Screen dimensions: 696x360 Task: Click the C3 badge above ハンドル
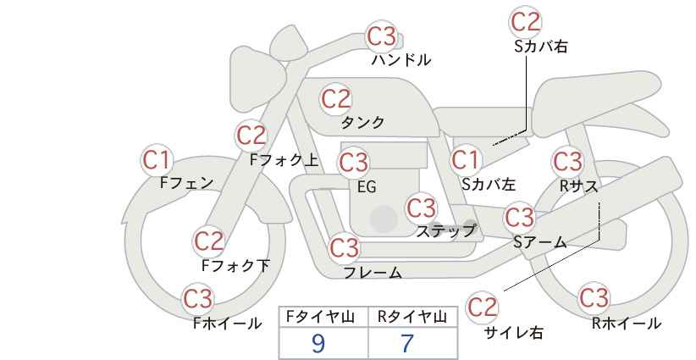click(x=382, y=36)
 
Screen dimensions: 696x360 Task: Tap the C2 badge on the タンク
click(x=336, y=98)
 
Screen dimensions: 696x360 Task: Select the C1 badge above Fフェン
click(x=157, y=160)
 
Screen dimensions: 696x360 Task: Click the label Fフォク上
click(x=284, y=160)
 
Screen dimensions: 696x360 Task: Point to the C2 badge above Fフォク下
click(x=209, y=241)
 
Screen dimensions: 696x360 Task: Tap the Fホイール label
click(x=227, y=324)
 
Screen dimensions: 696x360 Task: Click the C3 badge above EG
click(x=354, y=163)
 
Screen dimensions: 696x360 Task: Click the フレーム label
click(x=373, y=272)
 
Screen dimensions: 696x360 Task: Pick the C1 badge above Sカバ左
click(x=466, y=160)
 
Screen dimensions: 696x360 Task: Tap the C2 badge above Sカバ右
click(x=526, y=22)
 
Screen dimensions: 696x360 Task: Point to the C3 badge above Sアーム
click(x=520, y=217)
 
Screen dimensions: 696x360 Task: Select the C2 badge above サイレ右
click(x=482, y=307)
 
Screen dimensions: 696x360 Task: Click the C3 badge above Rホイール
click(x=594, y=298)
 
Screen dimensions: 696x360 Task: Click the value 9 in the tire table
click(x=318, y=343)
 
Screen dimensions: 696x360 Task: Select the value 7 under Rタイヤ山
click(x=407, y=343)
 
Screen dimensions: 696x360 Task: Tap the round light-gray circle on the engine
click(x=384, y=219)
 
